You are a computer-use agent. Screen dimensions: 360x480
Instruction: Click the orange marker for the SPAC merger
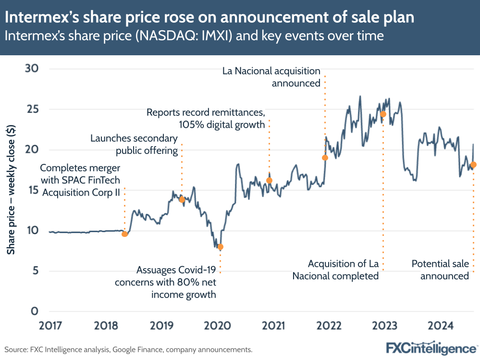[125, 234]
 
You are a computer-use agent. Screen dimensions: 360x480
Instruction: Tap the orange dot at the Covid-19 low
[221, 247]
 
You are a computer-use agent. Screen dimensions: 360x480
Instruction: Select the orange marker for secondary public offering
[182, 199]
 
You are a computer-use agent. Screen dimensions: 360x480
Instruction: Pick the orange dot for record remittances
[269, 181]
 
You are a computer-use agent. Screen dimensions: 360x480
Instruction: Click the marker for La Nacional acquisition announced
[325, 158]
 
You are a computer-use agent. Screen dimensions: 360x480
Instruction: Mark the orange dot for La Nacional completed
[383, 114]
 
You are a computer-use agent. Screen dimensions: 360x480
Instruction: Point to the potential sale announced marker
[473, 165]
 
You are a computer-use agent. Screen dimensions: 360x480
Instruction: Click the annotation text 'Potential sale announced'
[440, 270]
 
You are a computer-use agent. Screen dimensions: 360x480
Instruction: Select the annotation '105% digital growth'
[222, 124]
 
